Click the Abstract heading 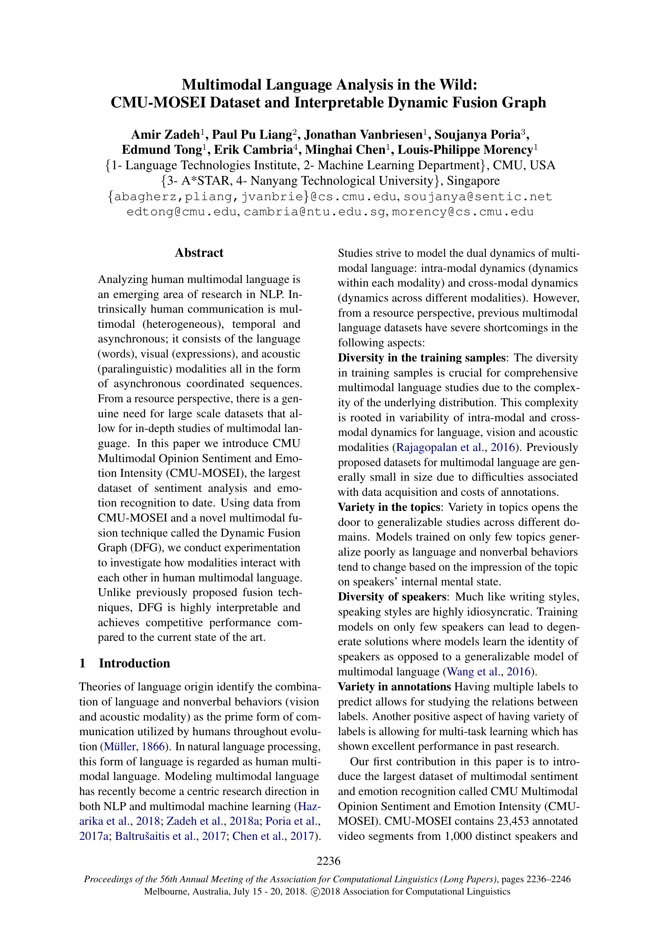click(199, 253)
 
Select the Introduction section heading click(134, 663)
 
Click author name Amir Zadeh click(166, 134)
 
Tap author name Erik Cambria click(253, 150)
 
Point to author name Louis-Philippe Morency click(465, 150)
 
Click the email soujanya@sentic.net click(478, 197)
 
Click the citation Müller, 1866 click(134, 747)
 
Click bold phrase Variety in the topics click(389, 507)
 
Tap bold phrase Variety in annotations click(394, 687)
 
